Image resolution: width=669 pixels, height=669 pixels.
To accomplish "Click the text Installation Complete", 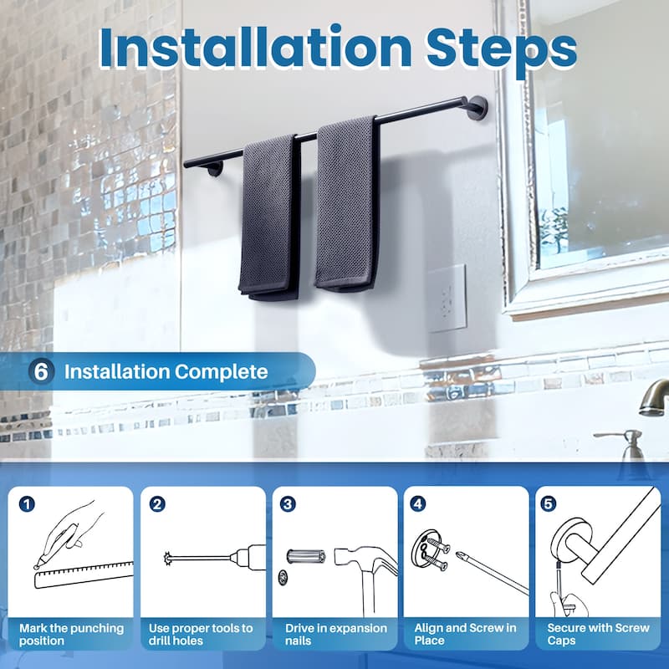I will (x=166, y=371).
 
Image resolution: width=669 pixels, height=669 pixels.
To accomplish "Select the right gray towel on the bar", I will (x=345, y=205).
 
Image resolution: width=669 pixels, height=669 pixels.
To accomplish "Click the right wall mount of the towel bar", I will (x=477, y=107).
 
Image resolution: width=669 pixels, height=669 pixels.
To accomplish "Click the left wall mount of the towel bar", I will (x=214, y=168).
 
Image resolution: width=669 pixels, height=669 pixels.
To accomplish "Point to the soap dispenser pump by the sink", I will (x=630, y=443).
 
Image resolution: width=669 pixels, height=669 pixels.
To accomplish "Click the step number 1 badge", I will (x=28, y=503).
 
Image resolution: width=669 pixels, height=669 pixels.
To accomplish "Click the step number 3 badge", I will (x=288, y=503).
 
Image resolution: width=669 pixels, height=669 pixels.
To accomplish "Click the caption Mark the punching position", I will (x=71, y=634).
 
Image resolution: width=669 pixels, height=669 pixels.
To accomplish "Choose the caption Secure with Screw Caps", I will (x=598, y=634).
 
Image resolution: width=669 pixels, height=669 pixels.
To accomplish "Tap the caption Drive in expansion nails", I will (x=334, y=634).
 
